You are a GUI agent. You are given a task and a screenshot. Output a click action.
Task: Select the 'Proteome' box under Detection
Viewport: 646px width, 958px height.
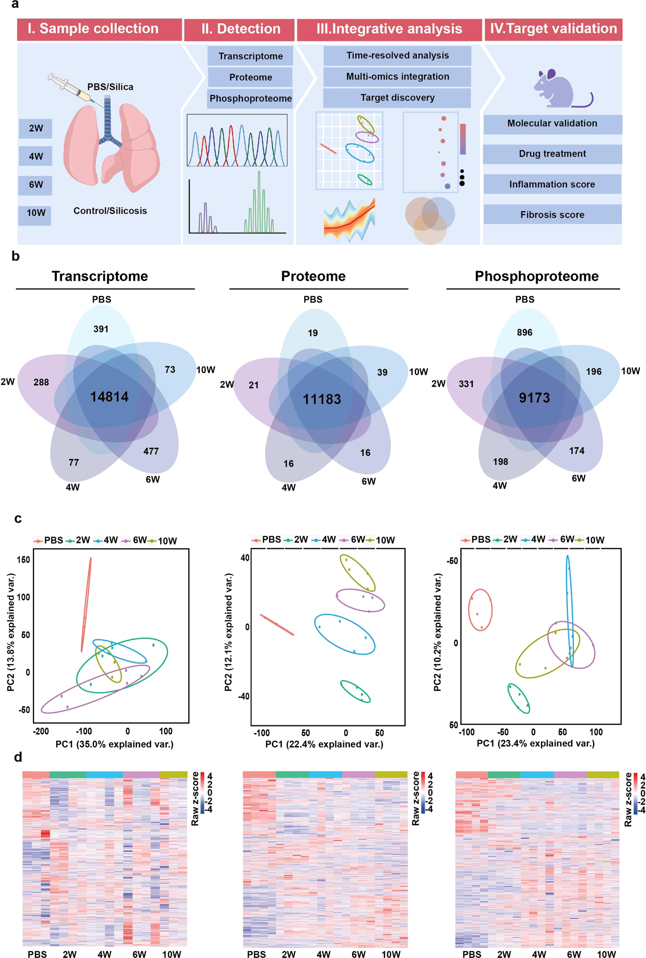(250, 77)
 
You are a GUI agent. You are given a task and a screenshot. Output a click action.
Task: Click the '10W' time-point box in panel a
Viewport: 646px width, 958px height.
(35, 213)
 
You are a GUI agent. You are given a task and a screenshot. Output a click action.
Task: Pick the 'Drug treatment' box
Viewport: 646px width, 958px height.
(552, 154)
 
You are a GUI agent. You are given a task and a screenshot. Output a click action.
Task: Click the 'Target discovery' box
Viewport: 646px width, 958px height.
(397, 98)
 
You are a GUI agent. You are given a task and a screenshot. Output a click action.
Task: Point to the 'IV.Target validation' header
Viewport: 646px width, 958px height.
(553, 29)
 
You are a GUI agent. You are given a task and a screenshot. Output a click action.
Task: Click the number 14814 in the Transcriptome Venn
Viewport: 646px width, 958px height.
(109, 397)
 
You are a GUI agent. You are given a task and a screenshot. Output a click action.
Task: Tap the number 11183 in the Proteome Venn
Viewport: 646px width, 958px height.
(321, 399)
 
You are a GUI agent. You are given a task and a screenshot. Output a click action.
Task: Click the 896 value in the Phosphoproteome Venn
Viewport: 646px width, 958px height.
(524, 332)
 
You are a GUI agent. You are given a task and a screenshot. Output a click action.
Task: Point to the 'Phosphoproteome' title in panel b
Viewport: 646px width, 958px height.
(536, 276)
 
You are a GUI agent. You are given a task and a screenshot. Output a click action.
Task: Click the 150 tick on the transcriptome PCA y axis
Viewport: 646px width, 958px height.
(23, 559)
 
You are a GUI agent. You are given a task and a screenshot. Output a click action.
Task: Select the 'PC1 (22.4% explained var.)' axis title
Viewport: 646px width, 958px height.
(324, 744)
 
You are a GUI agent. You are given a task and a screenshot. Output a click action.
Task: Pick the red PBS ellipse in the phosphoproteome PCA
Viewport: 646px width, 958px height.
(480, 610)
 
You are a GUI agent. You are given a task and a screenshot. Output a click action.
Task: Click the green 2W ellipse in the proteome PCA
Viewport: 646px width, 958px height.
(355, 692)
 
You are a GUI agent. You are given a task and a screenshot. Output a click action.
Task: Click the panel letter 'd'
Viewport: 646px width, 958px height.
(18, 757)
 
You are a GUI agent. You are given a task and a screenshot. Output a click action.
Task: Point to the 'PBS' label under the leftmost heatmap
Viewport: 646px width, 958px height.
(37, 954)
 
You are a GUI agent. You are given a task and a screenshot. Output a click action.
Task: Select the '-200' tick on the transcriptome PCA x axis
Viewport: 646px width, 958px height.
(41, 731)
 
